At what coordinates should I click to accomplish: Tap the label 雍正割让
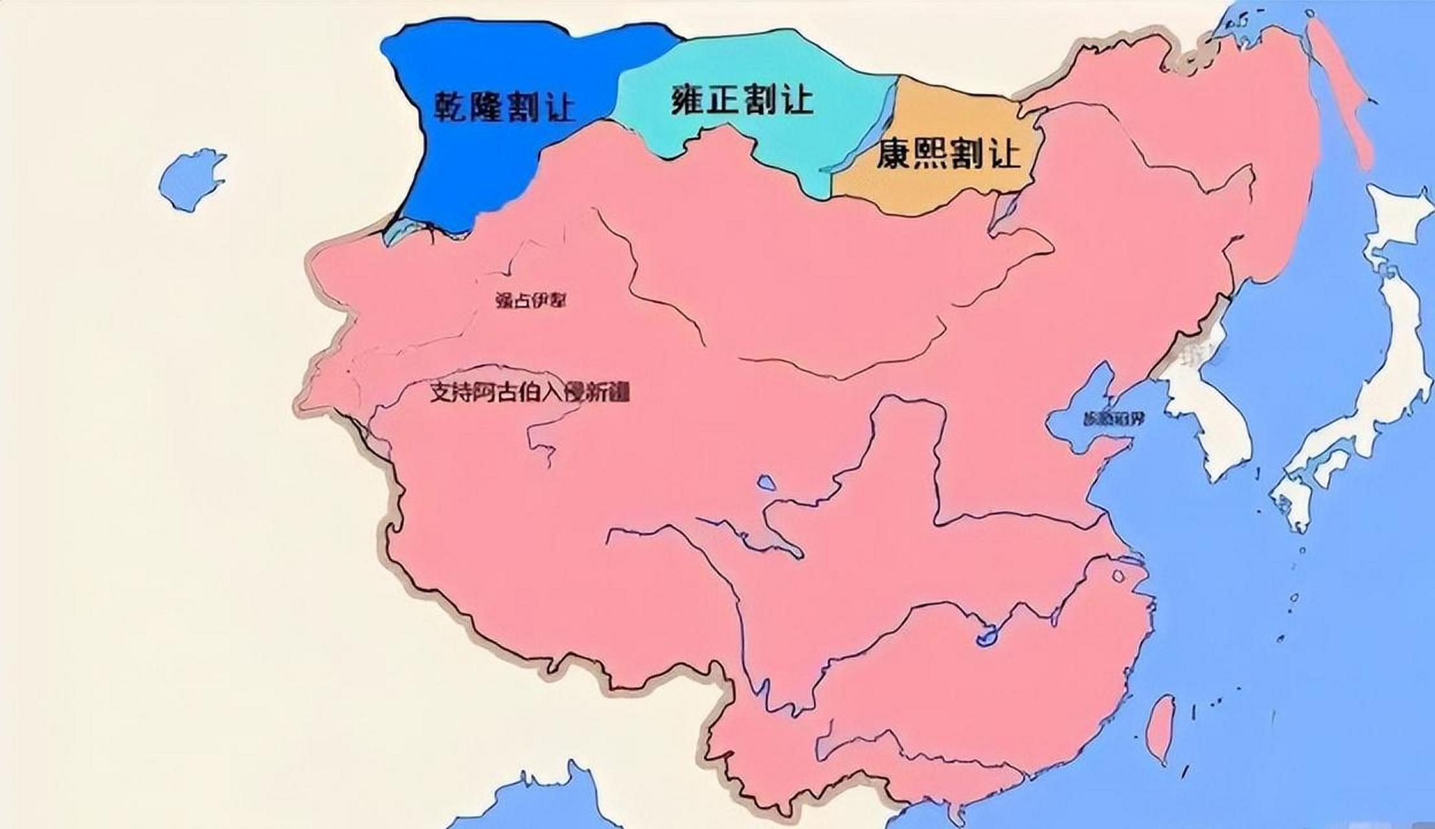click(x=741, y=100)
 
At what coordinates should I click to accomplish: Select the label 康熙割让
click(x=947, y=154)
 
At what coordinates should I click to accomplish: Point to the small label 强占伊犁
click(x=530, y=301)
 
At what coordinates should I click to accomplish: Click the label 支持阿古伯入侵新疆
click(x=530, y=392)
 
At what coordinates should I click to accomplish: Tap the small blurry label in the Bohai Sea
click(x=1113, y=418)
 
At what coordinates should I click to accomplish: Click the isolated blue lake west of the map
click(x=191, y=179)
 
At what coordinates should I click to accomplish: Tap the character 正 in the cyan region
click(x=724, y=100)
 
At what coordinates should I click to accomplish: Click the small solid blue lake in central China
click(x=766, y=483)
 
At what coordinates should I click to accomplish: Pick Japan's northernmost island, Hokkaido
click(x=1399, y=220)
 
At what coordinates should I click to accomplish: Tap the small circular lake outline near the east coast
click(x=1118, y=575)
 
